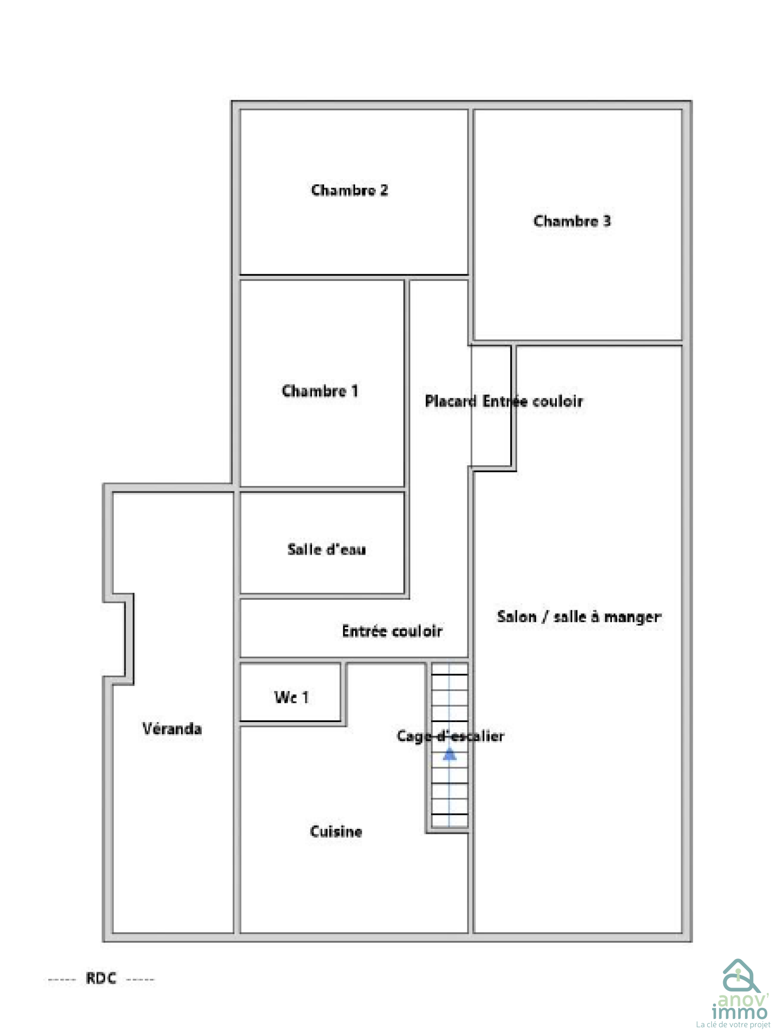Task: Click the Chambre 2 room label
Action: tap(349, 190)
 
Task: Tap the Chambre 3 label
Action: tap(572, 221)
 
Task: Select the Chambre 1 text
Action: tap(320, 391)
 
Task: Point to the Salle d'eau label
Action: tap(327, 549)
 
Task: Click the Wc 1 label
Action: tap(291, 697)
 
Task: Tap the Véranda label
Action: tap(172, 728)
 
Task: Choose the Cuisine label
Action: tap(336, 831)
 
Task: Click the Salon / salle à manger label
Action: tap(579, 617)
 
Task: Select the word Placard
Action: tap(451, 401)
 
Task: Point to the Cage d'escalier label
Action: tap(450, 736)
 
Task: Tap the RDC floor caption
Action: tap(101, 978)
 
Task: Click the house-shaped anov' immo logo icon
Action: tap(738, 977)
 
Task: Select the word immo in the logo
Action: tap(740, 1012)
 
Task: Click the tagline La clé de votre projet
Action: tap(733, 1025)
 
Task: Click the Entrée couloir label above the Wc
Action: tap(392, 631)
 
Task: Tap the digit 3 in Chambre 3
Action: tap(607, 221)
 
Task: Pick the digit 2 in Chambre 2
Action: tap(384, 190)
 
